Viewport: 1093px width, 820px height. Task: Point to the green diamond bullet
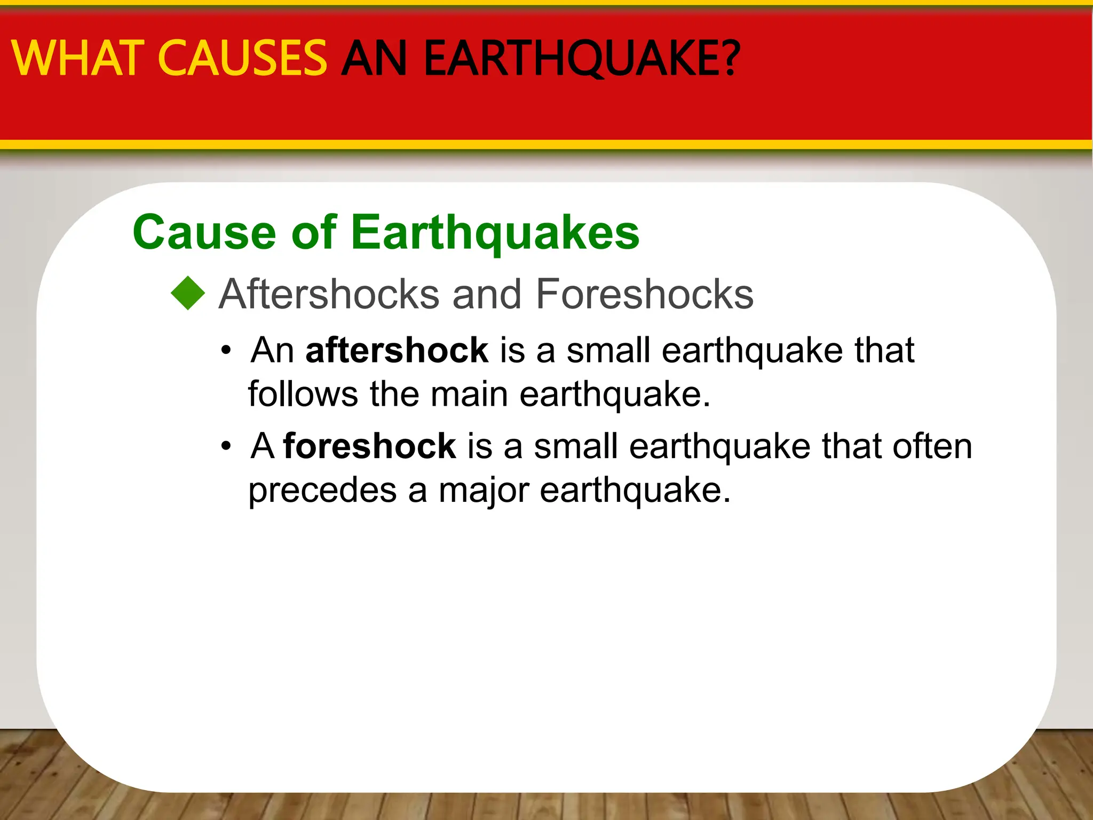188,293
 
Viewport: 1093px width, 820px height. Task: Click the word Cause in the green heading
204,232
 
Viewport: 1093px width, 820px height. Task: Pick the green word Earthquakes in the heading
495,233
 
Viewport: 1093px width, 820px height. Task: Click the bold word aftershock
397,350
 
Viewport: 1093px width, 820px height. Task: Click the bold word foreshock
369,446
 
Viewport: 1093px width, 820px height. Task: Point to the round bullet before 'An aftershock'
227,351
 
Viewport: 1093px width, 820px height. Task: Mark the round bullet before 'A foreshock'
227,447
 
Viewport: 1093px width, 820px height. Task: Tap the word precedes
322,490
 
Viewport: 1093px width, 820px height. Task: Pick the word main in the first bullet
469,395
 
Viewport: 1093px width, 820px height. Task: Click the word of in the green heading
314,232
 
